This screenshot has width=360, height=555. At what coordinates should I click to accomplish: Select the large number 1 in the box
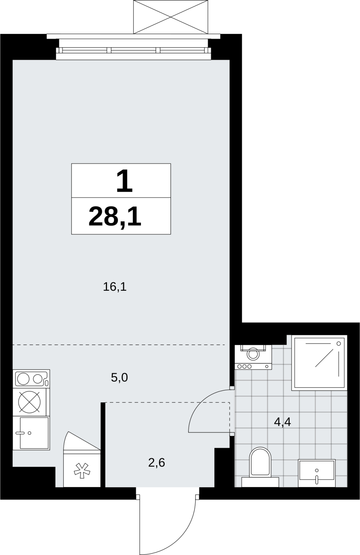[125, 181]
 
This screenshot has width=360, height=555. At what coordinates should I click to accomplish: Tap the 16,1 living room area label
[115, 287]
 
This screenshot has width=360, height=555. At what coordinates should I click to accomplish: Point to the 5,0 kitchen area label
[119, 378]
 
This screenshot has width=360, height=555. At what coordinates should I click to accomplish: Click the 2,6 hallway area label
[157, 463]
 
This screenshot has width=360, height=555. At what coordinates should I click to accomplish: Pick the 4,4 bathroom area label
[282, 421]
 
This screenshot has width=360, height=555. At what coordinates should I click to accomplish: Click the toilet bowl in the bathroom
[260, 461]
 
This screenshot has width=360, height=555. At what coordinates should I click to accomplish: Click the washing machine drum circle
[253, 353]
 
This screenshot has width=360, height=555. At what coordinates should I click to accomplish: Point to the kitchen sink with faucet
[31, 433]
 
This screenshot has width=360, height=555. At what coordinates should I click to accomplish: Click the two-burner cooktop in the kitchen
[31, 379]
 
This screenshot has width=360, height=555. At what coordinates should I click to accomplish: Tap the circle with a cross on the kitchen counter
[29, 402]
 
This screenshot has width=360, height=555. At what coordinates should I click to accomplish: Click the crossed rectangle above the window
[170, 17]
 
